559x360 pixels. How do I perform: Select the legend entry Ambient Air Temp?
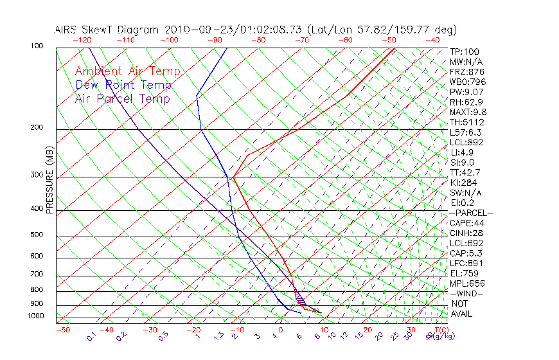pos(127,71)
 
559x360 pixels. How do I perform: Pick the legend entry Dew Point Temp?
pos(123,85)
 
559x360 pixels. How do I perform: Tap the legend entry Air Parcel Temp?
pos(122,98)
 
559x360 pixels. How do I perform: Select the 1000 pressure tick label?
pos(37,316)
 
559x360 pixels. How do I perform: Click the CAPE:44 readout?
pos(466,223)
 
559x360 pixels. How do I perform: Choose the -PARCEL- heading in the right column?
pos(471,213)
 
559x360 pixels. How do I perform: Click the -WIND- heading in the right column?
pos(466,293)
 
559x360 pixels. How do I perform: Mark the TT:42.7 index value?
pos(465,172)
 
